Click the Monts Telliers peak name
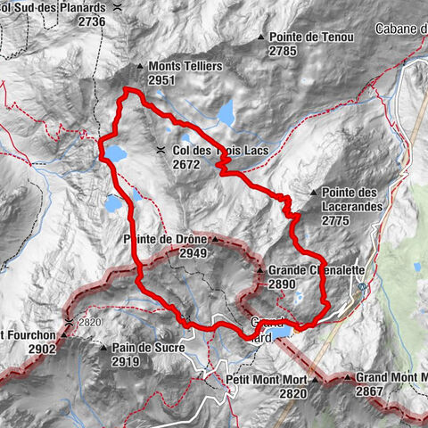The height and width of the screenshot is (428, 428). point(185,66)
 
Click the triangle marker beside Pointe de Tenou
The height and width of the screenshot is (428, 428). point(261,37)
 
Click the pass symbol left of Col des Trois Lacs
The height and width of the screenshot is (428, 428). point(160,151)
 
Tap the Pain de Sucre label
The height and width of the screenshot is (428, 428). point(147,348)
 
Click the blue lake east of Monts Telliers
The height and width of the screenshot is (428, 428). point(226,113)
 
